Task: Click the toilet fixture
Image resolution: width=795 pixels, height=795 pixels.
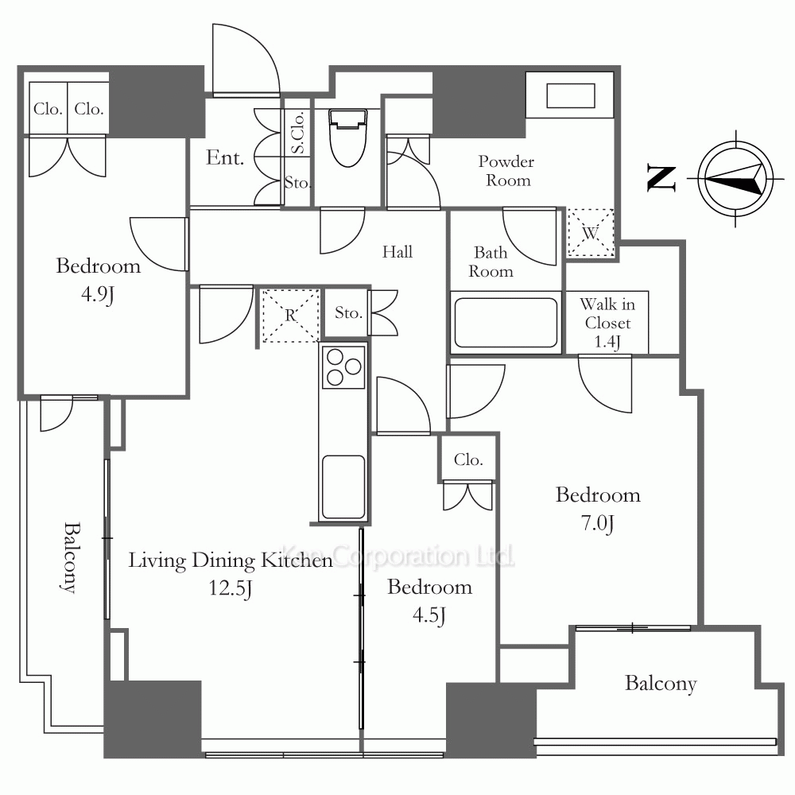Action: click(348, 138)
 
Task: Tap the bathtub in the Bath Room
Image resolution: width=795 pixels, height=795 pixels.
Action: click(506, 323)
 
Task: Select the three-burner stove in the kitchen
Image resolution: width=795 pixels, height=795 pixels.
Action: click(343, 367)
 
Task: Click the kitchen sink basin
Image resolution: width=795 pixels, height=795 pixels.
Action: click(343, 487)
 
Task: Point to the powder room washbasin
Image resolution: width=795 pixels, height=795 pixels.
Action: click(570, 95)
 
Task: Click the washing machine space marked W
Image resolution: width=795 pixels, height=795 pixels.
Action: click(590, 233)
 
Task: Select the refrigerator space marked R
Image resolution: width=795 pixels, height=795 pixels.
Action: click(290, 316)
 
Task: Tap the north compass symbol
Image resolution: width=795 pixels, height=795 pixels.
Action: click(735, 178)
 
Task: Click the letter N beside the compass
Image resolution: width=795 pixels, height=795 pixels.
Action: click(661, 178)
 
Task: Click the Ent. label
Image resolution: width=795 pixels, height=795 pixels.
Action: click(225, 157)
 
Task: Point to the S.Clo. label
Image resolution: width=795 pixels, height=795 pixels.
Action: click(297, 132)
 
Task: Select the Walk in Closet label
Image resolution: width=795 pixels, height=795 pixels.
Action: click(607, 323)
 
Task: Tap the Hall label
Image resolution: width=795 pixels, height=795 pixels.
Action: click(397, 251)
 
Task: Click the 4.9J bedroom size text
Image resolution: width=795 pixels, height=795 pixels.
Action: click(97, 294)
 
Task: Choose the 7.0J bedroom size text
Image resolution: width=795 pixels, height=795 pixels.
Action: click(597, 523)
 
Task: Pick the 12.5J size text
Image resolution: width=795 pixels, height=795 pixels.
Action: click(231, 588)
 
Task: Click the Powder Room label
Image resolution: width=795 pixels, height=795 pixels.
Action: click(506, 171)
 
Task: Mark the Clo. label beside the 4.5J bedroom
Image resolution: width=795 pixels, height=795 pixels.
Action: click(468, 460)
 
